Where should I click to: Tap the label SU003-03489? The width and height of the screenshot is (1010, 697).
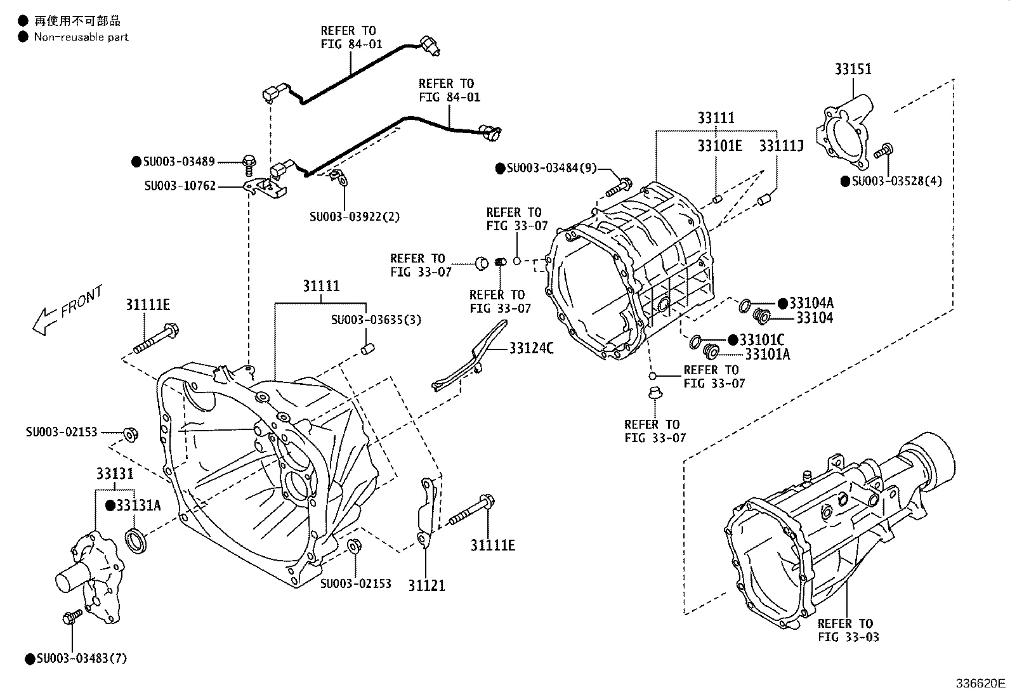tap(179, 162)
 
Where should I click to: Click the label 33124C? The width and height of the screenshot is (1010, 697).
tap(531, 348)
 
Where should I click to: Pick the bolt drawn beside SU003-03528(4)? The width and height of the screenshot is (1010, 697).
tap(884, 152)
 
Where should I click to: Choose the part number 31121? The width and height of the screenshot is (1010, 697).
tap(426, 585)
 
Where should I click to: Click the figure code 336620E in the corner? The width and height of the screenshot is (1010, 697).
tap(981, 683)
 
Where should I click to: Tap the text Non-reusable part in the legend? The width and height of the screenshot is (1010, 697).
tap(81, 37)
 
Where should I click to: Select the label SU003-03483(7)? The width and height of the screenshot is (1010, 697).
tap(81, 659)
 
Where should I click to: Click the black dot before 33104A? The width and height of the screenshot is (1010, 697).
tap(782, 303)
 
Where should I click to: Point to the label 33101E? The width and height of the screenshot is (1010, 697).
tap(719, 146)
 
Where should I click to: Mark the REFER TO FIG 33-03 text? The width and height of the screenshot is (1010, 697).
tap(848, 630)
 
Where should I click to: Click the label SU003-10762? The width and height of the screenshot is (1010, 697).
tap(180, 186)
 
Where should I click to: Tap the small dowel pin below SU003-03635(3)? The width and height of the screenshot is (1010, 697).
tap(368, 348)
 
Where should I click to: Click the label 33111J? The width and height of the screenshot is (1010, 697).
tap(781, 146)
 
